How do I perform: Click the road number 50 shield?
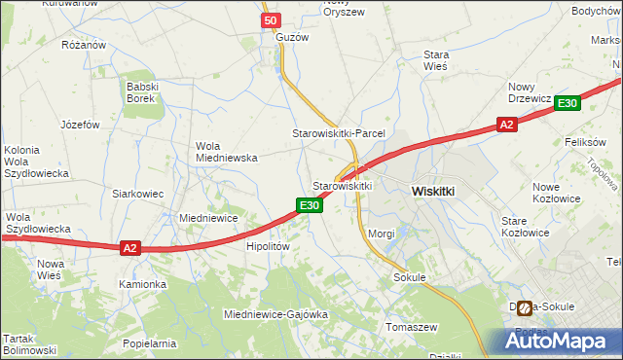[x=272, y=20]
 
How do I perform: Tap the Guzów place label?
[x=291, y=37]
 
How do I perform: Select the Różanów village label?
[x=83, y=45]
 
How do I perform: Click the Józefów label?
[x=80, y=125]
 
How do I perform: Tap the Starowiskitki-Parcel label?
[x=340, y=132]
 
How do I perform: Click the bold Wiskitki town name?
[x=433, y=192]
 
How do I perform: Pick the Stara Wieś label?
[x=435, y=60]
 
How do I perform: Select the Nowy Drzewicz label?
[x=530, y=92]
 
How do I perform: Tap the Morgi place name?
[x=382, y=234]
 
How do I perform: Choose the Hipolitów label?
[x=268, y=247]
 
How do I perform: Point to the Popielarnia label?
[x=149, y=343]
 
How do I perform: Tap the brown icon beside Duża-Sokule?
[x=525, y=308]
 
